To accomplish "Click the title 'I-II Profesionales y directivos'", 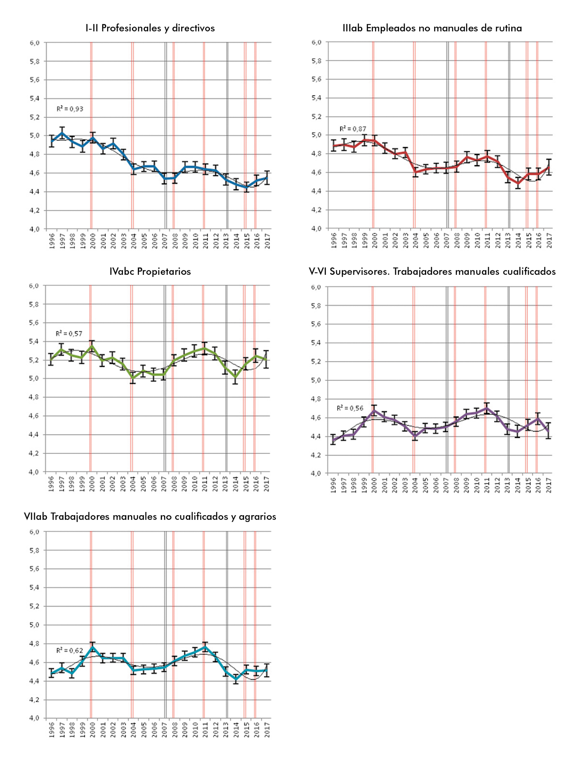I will tap(150, 28).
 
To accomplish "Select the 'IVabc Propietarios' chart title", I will tap(150, 272).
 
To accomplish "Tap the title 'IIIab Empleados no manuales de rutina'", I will tap(432, 28).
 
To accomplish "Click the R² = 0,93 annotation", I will tap(70, 109).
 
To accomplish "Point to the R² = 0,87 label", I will tap(353, 129).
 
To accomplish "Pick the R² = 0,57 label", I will tap(69, 333).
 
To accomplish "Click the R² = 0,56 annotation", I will tap(350, 408).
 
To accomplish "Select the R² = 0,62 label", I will tap(70, 650).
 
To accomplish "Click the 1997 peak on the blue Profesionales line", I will tap(62, 133).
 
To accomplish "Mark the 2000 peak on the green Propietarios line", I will tap(92, 346).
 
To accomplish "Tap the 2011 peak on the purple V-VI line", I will tap(486, 409).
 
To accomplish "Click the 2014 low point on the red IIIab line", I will tap(518, 183).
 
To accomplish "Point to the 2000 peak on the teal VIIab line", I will tap(93, 647).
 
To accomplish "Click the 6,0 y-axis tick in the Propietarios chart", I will tap(34, 286).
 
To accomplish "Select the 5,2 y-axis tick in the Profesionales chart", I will tap(35, 117).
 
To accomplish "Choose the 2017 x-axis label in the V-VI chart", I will tap(549, 485).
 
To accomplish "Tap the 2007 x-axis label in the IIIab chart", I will tap(447, 240).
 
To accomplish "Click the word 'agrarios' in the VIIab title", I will tap(258, 517).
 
